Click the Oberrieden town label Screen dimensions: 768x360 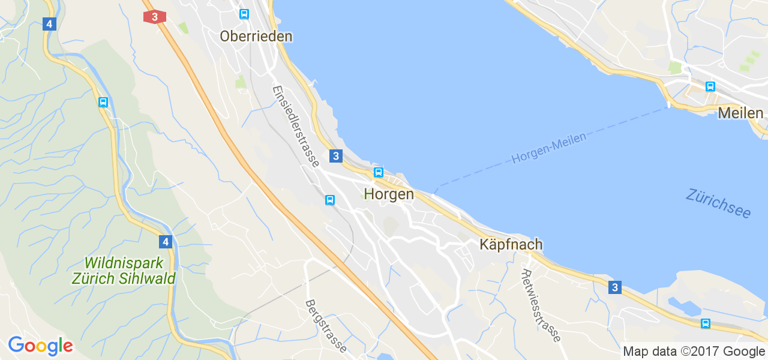256,36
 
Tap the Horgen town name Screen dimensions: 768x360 389,194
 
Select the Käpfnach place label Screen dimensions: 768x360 511,244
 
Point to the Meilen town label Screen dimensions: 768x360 740,113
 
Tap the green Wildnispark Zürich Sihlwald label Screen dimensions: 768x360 123,271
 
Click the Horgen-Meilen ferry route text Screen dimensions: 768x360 548,148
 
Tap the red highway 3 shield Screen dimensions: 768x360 155,17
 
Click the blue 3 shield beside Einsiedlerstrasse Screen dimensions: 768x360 335,156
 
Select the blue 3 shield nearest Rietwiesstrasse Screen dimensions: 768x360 614,287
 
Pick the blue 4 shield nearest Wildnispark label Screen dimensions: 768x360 165,242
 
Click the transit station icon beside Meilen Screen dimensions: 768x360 710,86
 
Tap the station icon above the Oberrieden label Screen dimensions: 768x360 244,14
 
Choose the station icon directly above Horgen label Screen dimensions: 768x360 378,173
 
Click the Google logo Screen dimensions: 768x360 40,346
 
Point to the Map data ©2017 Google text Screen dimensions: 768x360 694,352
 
